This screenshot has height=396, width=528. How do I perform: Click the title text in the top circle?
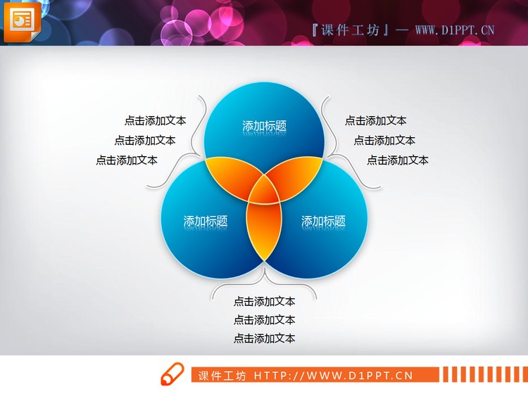(265, 127)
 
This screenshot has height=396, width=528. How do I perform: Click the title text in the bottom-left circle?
(206, 221)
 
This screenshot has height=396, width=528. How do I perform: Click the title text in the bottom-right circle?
(323, 221)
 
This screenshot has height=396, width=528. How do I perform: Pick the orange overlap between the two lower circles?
(264, 229)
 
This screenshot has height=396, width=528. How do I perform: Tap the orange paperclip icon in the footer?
(171, 375)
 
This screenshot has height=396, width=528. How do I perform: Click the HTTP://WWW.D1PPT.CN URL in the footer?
(333, 376)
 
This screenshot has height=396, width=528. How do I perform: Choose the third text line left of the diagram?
(127, 160)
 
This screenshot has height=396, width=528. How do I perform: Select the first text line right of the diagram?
(375, 121)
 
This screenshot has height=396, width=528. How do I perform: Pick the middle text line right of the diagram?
(384, 141)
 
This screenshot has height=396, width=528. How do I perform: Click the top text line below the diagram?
(264, 302)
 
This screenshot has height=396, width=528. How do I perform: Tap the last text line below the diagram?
(264, 339)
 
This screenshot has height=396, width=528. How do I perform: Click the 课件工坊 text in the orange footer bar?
(222, 376)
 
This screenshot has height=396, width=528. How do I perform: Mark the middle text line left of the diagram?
(145, 141)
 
